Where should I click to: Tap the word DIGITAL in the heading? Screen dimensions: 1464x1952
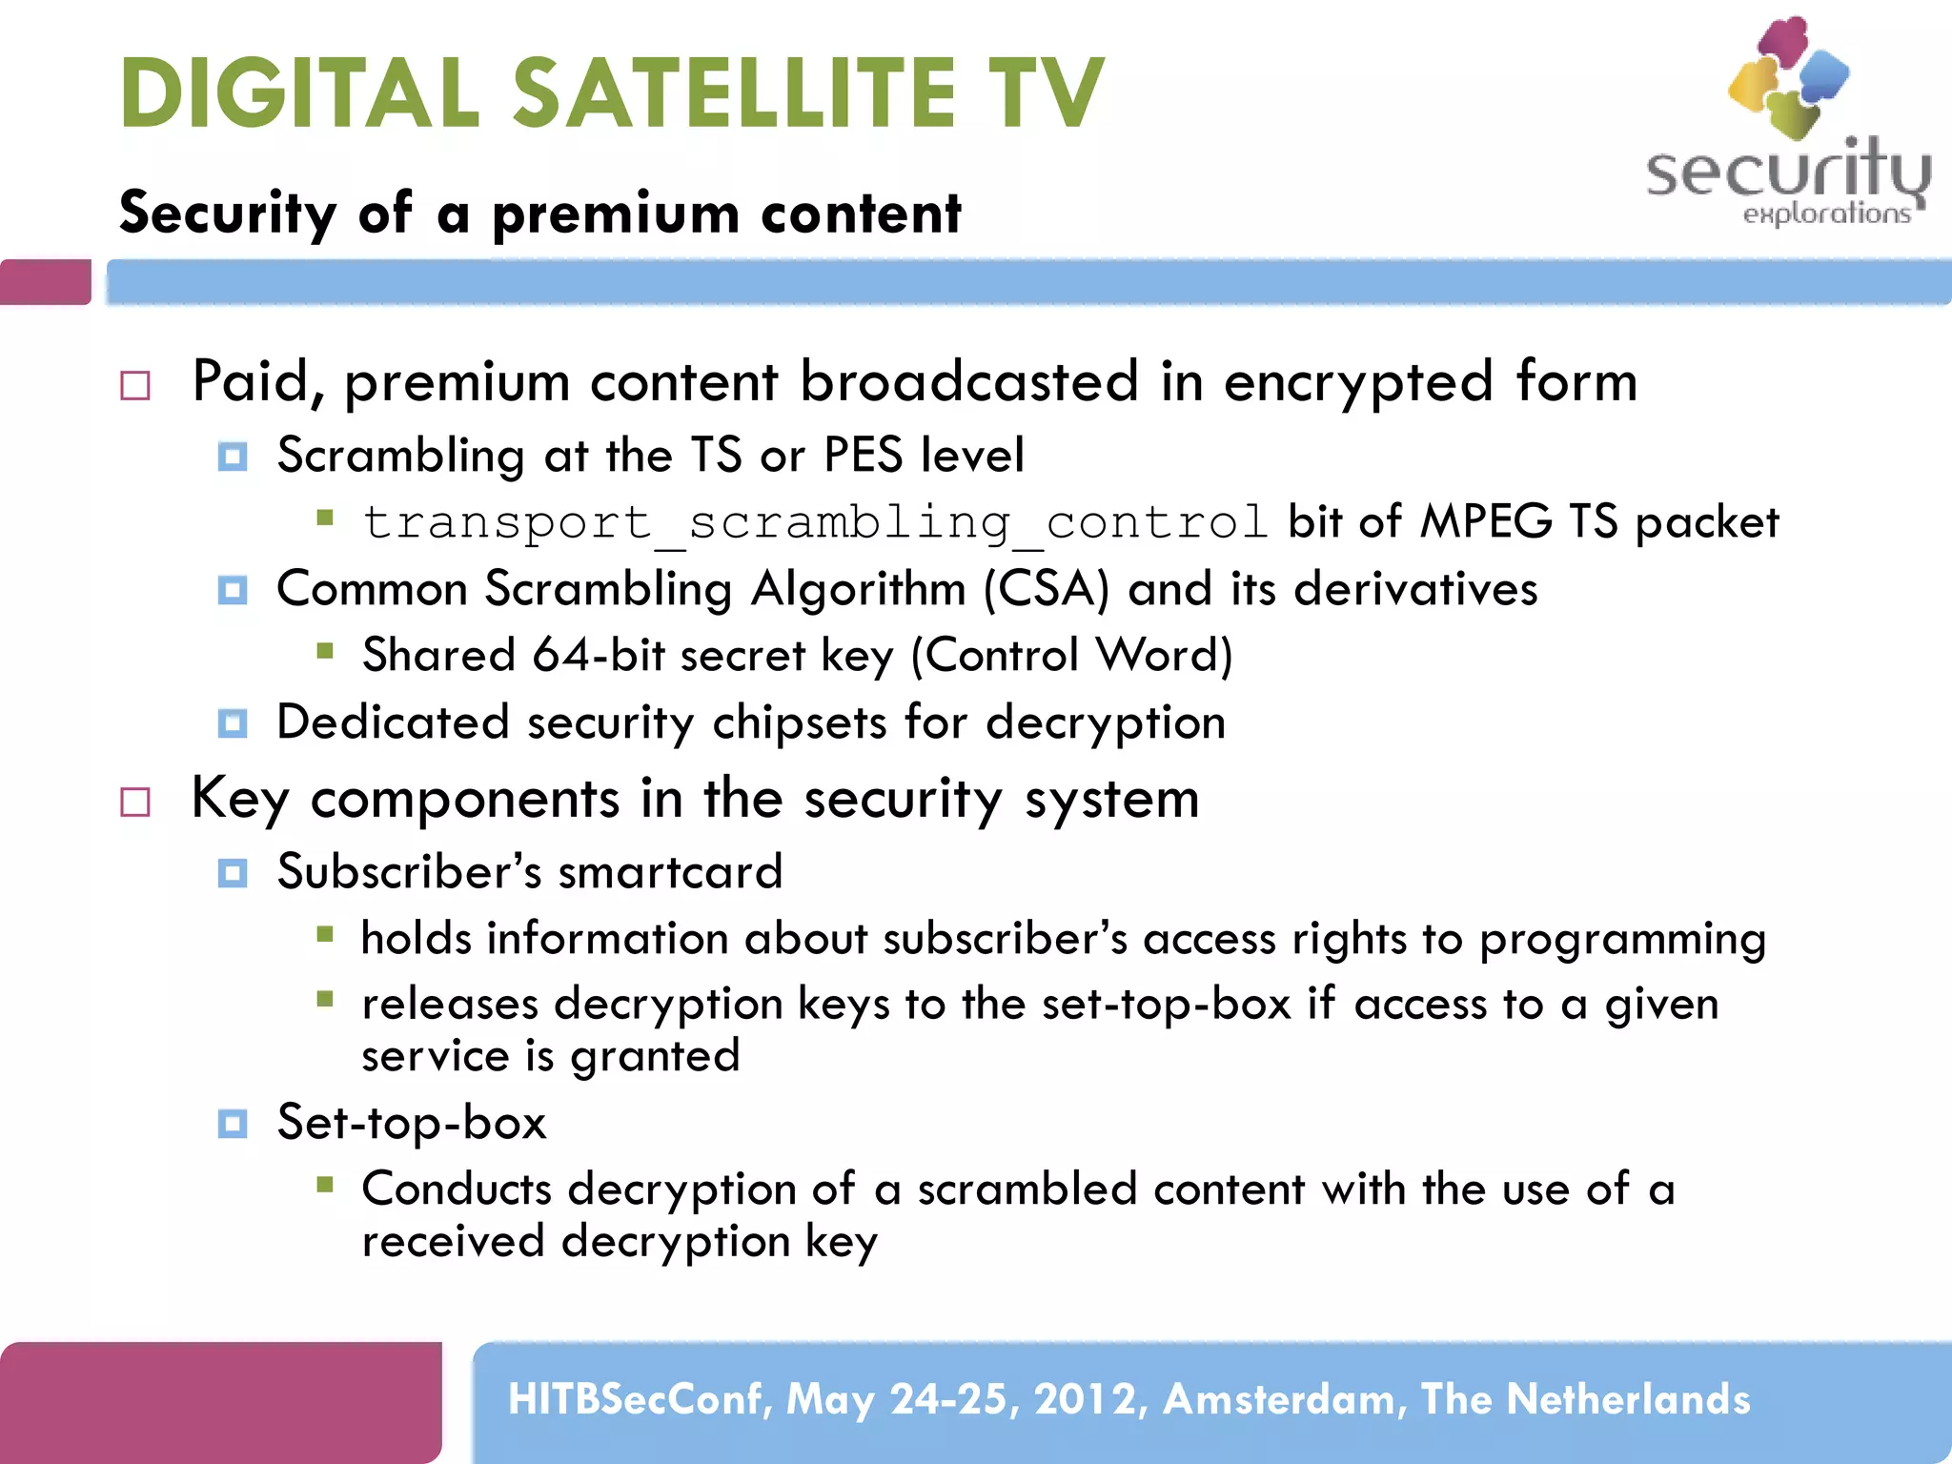(299, 92)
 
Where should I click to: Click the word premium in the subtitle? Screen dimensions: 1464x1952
(616, 213)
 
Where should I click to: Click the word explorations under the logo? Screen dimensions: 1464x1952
(1826, 213)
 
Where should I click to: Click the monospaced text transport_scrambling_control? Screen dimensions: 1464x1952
(815, 523)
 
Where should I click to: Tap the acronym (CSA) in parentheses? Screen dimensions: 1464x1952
(1047, 589)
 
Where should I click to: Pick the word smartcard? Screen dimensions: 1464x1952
(670, 872)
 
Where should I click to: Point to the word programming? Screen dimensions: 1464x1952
(1622, 940)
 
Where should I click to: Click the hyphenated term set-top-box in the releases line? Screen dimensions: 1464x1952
(1166, 1005)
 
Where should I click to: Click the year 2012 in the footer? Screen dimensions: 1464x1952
(1085, 1399)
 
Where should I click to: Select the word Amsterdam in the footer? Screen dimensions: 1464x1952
(1284, 1399)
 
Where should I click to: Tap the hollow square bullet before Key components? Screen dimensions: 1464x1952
(135, 802)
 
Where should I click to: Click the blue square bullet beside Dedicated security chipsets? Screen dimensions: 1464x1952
(233, 723)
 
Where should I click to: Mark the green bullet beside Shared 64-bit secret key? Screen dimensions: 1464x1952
(325, 652)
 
